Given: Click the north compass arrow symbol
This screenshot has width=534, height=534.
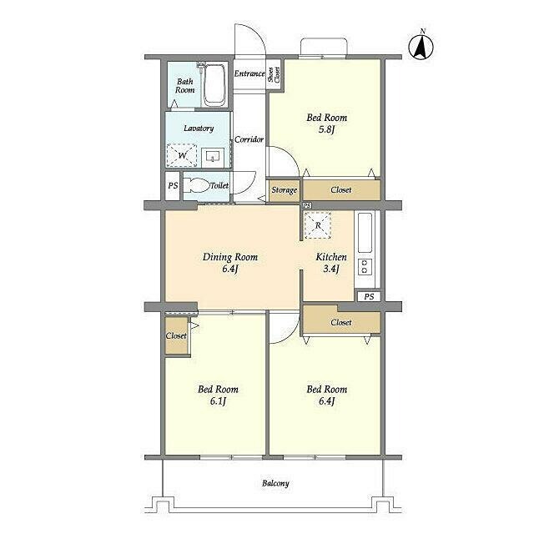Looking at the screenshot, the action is point(421,46).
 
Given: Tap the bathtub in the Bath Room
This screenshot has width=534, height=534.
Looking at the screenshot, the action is point(214,85).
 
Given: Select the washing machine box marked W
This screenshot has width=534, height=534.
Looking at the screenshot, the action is point(182,155).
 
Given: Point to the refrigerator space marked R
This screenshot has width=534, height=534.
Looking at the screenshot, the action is point(317,225).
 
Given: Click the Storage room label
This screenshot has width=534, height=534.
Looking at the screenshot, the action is point(284,190).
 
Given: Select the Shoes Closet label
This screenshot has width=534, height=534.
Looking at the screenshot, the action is point(274,74).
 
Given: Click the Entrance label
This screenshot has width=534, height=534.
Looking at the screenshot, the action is point(249,73).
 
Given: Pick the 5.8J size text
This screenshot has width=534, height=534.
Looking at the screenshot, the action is point(326,130).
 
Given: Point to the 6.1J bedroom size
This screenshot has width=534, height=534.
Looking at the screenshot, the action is point(218,401).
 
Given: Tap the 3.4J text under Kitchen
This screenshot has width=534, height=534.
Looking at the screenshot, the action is point(331,269).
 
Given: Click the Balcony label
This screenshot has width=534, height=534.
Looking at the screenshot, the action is point(275,483).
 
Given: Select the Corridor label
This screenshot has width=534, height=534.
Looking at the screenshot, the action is point(249,139).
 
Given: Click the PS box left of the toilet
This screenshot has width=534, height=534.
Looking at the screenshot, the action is point(173,185).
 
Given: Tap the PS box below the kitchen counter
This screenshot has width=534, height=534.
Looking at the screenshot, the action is point(369,297).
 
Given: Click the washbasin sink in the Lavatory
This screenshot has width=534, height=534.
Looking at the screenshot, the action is point(213,157).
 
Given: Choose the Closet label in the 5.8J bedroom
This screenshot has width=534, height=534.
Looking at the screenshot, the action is point(341,190).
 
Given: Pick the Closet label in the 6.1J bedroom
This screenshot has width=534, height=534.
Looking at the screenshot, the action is point(176,335).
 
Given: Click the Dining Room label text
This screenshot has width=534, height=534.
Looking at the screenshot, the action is point(230,257).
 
